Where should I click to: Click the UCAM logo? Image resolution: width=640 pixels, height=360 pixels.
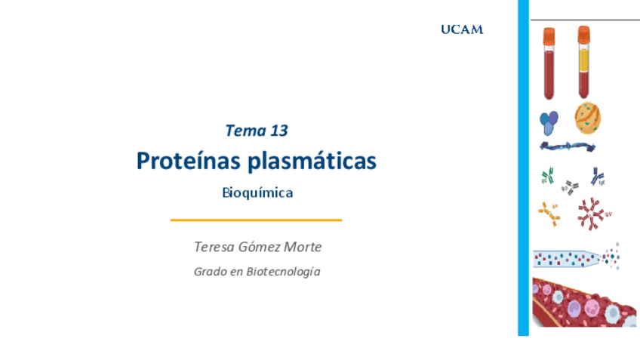click(x=462, y=29)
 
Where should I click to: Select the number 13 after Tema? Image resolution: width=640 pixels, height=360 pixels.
click(x=278, y=131)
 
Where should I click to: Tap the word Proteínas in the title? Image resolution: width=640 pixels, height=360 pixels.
click(x=188, y=161)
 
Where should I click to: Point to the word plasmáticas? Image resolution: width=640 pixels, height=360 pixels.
click(x=312, y=161)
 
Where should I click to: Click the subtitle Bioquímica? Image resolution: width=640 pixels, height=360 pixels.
click(x=257, y=192)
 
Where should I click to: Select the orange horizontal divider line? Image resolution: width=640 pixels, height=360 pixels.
click(x=257, y=220)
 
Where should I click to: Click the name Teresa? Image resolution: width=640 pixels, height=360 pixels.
click(x=214, y=247)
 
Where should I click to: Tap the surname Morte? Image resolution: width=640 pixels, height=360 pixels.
click(x=303, y=247)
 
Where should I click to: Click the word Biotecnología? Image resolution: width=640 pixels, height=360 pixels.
click(x=283, y=272)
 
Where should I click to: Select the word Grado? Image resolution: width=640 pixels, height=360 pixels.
click(x=210, y=272)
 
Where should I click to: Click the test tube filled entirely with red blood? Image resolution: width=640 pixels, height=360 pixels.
click(x=549, y=63)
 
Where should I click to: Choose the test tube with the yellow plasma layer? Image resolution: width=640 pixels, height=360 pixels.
click(x=583, y=62)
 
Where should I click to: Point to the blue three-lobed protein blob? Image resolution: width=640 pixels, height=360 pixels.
click(x=549, y=122)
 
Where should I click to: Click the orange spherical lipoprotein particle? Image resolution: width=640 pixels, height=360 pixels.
click(x=588, y=118)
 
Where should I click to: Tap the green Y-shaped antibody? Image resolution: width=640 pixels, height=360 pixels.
click(x=547, y=176)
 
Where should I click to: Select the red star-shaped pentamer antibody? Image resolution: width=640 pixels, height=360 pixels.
click(x=591, y=214)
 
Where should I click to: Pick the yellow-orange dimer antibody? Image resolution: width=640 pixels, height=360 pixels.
click(x=549, y=214)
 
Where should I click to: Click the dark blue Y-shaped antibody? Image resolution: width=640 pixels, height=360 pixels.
click(x=597, y=177)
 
